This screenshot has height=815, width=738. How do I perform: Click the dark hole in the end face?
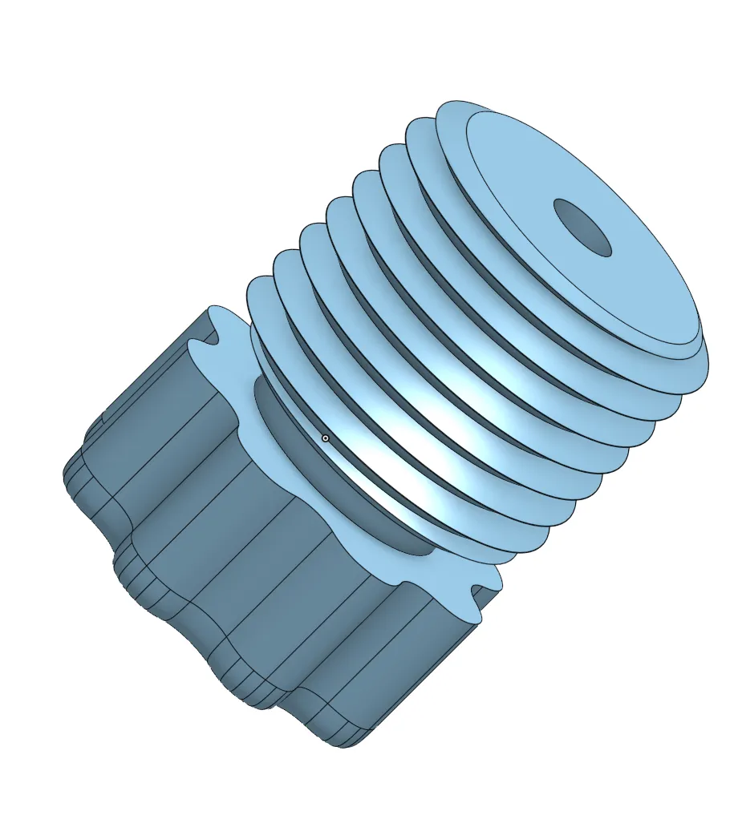tap(583, 228)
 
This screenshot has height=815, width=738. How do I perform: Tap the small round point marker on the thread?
tap(325, 438)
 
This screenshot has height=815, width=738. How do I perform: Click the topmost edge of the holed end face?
tap(481, 111)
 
